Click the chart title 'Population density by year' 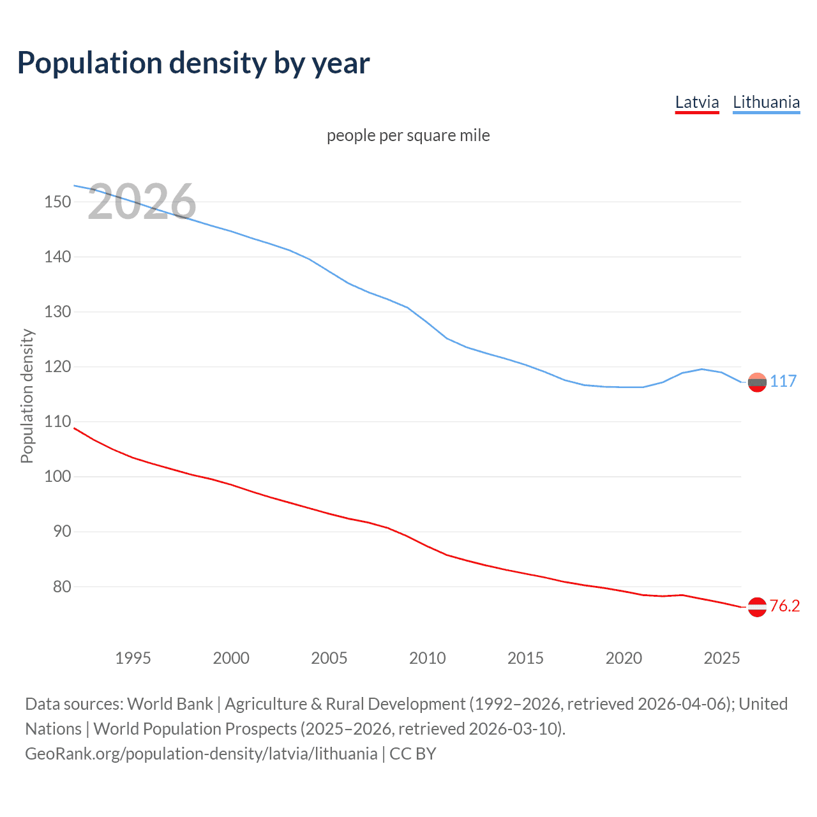click(193, 63)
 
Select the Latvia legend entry click(697, 102)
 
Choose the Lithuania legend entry click(766, 102)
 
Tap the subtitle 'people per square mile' click(408, 136)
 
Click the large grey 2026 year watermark click(142, 202)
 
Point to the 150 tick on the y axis click(57, 202)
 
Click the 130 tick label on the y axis click(57, 312)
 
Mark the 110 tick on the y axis click(57, 422)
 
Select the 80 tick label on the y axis click(61, 587)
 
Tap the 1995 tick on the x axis click(133, 658)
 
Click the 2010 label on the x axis click(427, 658)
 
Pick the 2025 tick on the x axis click(721, 658)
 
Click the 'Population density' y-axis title click(27, 396)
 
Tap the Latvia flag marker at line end click(757, 607)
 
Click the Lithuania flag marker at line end click(757, 382)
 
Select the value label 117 click(783, 382)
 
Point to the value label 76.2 click(784, 606)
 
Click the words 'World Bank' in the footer click(170, 704)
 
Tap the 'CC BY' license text click(413, 754)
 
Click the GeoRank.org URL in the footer click(201, 754)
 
